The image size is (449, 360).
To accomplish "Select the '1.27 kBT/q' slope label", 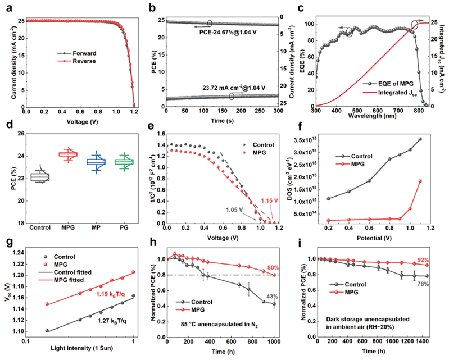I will click(x=110, y=320).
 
